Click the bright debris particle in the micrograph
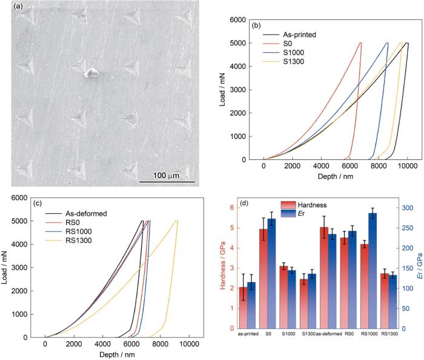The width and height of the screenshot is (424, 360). tap(91, 73)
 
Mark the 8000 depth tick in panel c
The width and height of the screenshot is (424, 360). tap(161, 344)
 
